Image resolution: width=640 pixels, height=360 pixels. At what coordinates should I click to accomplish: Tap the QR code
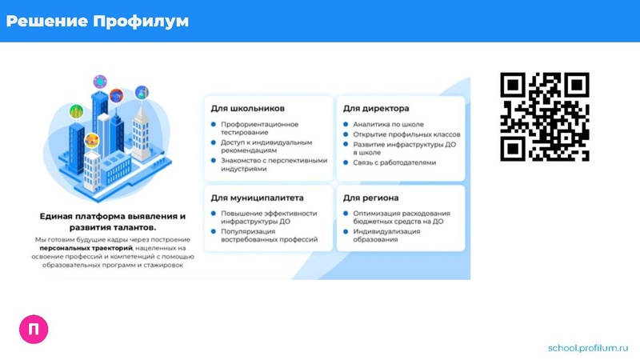click(x=544, y=116)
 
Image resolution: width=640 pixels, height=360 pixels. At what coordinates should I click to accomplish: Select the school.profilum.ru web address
click(x=590, y=348)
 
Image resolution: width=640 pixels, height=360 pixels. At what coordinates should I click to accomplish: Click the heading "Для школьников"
click(x=248, y=108)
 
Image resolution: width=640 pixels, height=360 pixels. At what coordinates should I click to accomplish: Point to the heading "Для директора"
click(x=376, y=108)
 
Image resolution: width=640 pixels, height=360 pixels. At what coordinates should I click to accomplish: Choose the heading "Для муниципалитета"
click(x=258, y=197)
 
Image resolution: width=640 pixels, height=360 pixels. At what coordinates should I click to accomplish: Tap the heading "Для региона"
click(x=371, y=197)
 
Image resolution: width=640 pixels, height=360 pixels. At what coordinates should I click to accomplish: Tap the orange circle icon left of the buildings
click(x=91, y=141)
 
